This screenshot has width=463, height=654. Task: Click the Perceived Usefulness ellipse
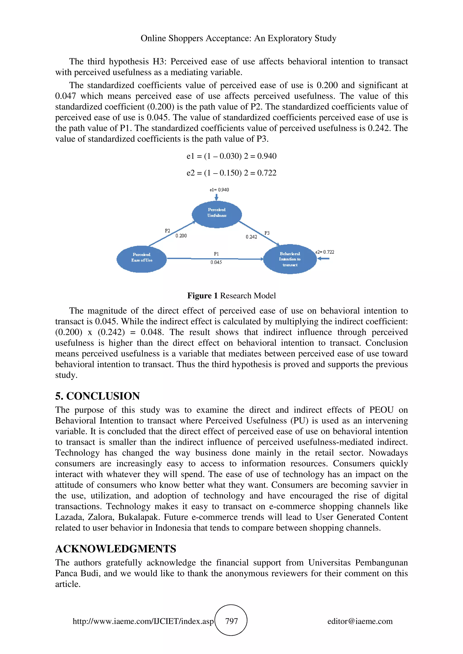point(217,214)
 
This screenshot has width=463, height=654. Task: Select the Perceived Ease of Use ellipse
point(142,259)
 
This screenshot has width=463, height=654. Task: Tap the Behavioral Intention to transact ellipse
point(290,259)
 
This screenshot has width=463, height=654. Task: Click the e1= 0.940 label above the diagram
point(219,190)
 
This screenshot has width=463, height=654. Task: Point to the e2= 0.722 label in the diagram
point(325,252)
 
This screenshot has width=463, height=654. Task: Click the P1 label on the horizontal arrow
point(216,253)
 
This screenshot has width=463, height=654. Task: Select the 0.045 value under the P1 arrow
point(216,262)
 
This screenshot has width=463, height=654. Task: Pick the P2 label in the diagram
point(168,231)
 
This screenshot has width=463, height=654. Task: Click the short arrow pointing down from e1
point(217,197)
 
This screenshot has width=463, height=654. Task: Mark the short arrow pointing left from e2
point(324,258)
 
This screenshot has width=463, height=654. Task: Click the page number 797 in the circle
point(231,621)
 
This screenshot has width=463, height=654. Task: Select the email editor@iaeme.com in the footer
point(360,621)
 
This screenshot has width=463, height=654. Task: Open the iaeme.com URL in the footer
point(143,621)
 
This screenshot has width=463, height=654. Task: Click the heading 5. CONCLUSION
point(98,396)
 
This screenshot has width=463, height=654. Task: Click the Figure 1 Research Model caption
point(231,295)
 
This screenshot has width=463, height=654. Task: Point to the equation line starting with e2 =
point(231,173)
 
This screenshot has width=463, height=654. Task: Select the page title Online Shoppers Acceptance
point(238,38)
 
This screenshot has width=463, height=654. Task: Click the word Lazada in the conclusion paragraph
point(69,517)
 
